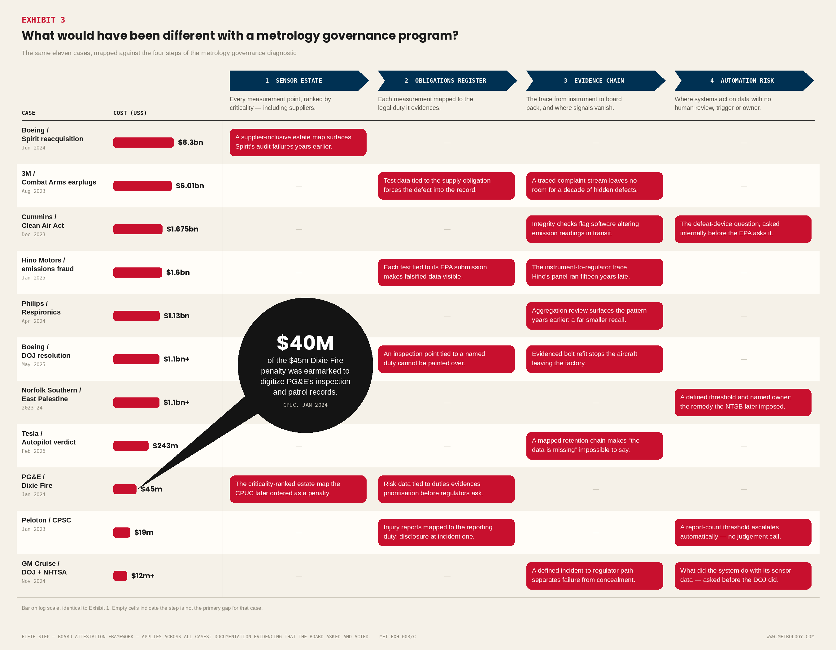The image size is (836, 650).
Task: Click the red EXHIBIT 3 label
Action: coord(43,20)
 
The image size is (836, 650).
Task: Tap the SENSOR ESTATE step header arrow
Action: coord(299,81)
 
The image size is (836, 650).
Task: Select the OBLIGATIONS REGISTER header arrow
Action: coord(447,81)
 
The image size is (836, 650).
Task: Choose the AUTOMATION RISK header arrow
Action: coord(744,81)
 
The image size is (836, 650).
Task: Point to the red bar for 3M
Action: coord(142,186)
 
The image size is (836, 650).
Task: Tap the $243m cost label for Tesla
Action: coord(165,446)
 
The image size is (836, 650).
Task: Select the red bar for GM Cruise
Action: coord(120,576)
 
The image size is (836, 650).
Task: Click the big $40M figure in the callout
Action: coord(305,343)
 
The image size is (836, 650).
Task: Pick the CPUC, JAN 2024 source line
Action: coord(305,405)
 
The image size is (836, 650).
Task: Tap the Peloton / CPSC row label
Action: coord(46,520)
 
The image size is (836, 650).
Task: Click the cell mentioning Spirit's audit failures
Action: coord(298,142)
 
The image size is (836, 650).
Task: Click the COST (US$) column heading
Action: coord(130,113)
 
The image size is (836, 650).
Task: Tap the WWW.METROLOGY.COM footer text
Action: coord(790,637)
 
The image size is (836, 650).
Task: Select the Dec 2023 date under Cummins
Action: coord(33,235)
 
